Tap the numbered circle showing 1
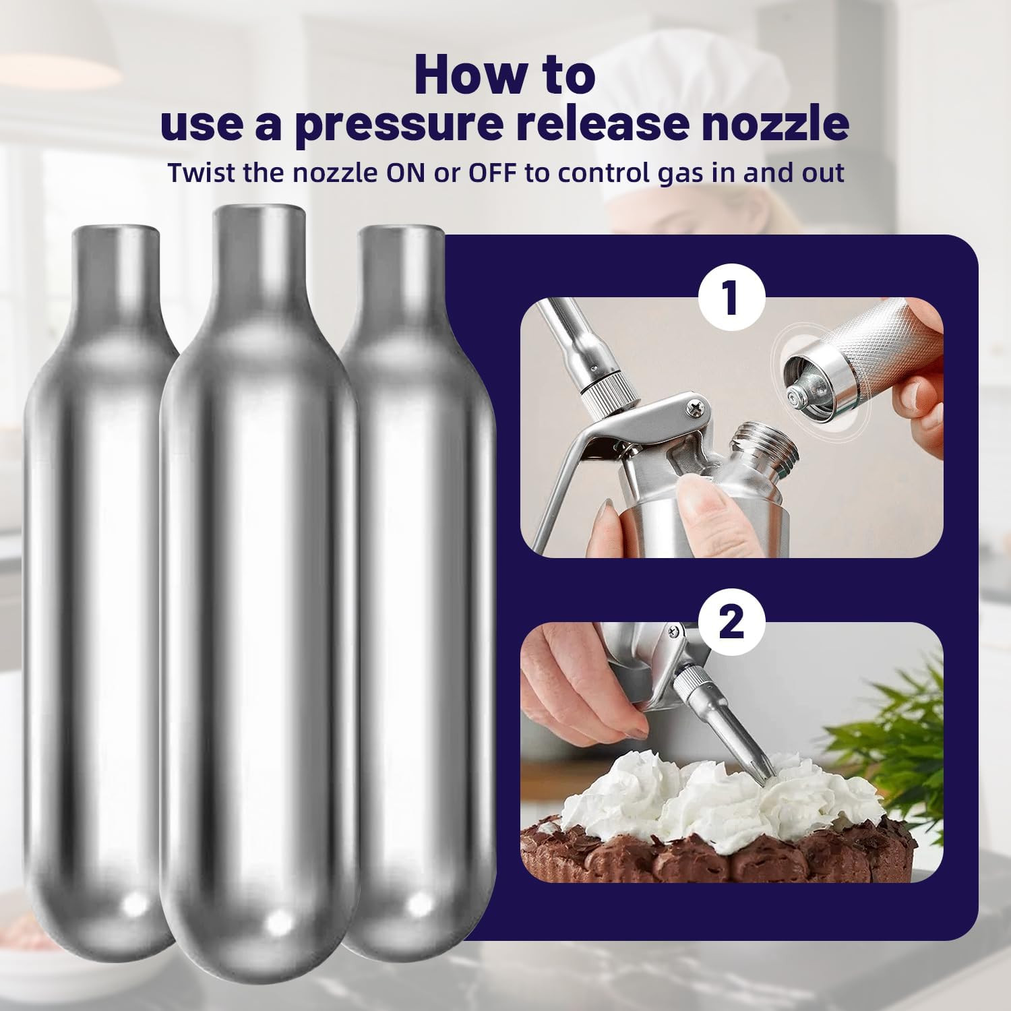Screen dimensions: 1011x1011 [731, 297]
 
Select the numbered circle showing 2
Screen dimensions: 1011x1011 [731, 621]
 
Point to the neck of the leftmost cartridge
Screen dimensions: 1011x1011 [117, 270]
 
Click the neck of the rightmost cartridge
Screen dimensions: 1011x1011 [400, 270]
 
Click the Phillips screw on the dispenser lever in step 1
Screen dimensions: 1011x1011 [693, 406]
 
